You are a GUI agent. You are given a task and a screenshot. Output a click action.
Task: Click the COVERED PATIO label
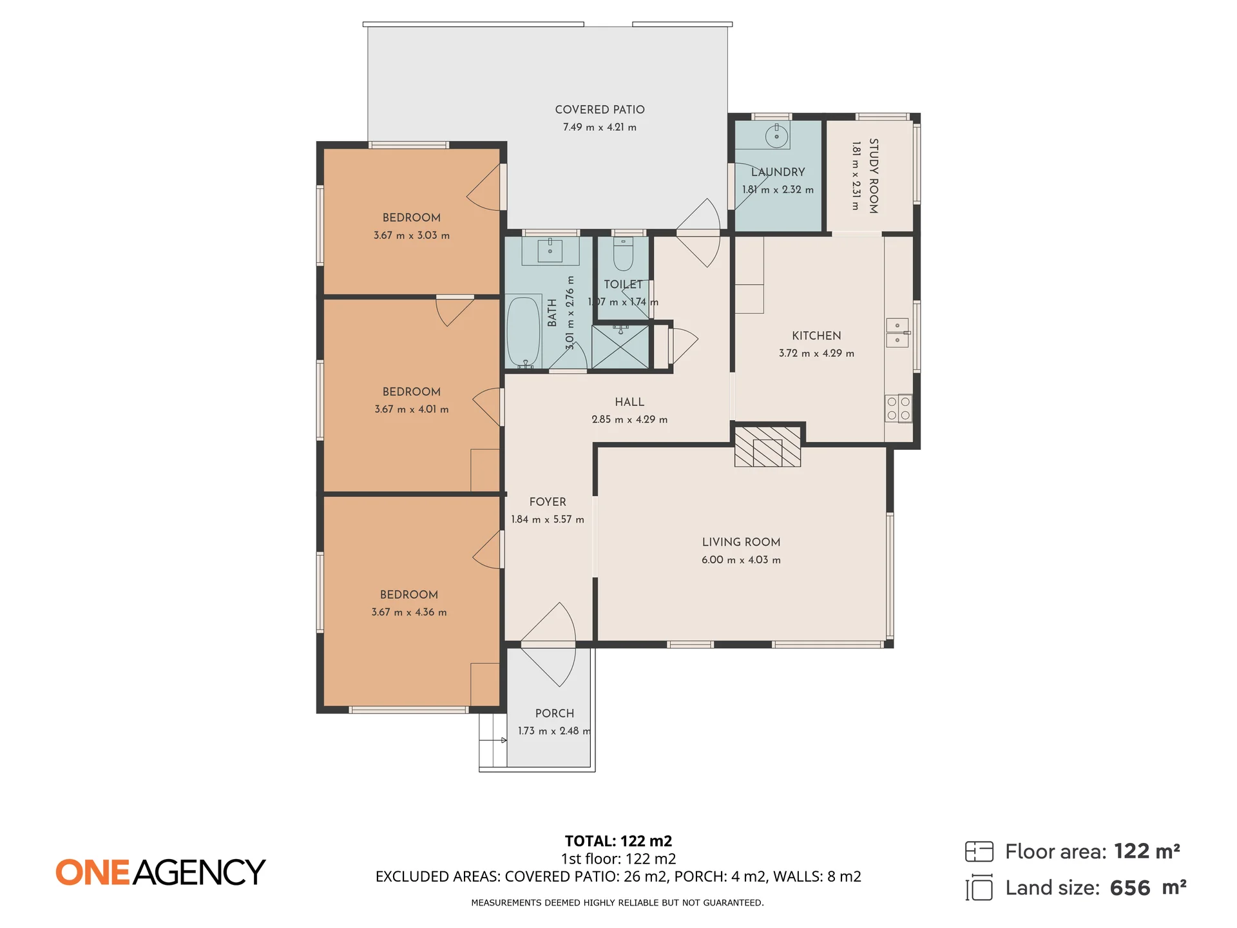600,110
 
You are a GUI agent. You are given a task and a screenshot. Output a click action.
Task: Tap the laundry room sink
777,136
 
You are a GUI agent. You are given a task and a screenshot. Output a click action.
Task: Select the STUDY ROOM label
874,176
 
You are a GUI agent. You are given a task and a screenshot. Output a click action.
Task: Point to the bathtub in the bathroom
524,332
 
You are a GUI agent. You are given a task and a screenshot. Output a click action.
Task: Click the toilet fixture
623,253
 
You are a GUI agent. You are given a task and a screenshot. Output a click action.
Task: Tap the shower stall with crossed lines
620,347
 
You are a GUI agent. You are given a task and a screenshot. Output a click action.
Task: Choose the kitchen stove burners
899,408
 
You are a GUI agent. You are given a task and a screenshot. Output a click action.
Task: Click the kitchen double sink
897,333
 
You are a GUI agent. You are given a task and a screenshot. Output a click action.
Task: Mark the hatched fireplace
767,446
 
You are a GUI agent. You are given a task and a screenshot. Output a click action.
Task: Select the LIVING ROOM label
741,543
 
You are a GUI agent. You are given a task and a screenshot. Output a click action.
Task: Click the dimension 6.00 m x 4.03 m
741,560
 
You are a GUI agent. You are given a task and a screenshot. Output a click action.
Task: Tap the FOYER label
548,502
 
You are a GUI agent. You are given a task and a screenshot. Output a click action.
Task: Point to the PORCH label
554,713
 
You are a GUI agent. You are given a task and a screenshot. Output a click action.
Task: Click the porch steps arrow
494,740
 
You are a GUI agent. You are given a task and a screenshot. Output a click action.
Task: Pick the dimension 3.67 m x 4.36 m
409,612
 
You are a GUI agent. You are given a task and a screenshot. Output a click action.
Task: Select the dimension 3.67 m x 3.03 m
412,235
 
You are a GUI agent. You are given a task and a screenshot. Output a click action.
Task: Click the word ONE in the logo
92,873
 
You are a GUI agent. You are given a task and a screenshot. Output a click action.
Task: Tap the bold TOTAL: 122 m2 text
618,841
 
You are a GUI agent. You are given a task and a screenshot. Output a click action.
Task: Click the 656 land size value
1130,888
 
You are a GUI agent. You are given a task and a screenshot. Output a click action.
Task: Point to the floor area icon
979,851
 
